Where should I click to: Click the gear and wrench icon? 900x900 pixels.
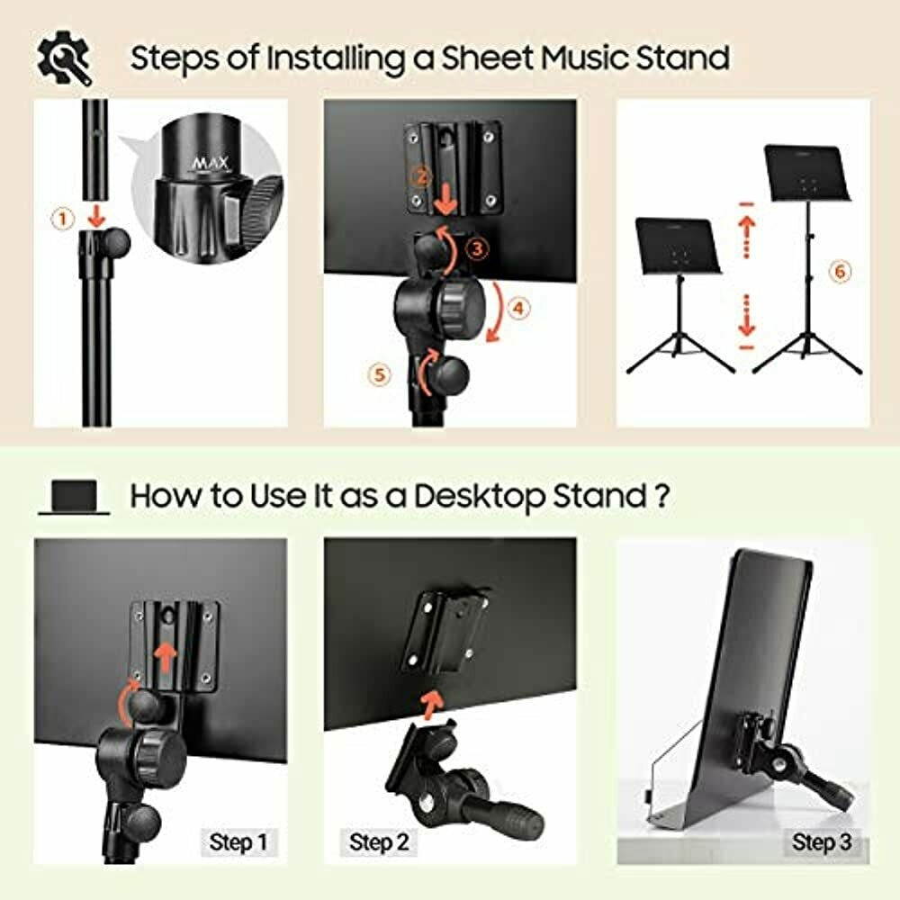coord(64,58)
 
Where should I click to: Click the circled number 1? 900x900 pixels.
coord(61,218)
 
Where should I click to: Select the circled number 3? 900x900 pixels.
coord(481,246)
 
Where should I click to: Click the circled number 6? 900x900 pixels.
coord(839,270)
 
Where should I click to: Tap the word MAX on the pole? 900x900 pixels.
coord(211,164)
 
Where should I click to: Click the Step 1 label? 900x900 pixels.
coord(238,843)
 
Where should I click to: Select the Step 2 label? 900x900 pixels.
coord(379,843)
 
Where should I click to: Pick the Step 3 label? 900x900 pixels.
coord(821,843)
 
